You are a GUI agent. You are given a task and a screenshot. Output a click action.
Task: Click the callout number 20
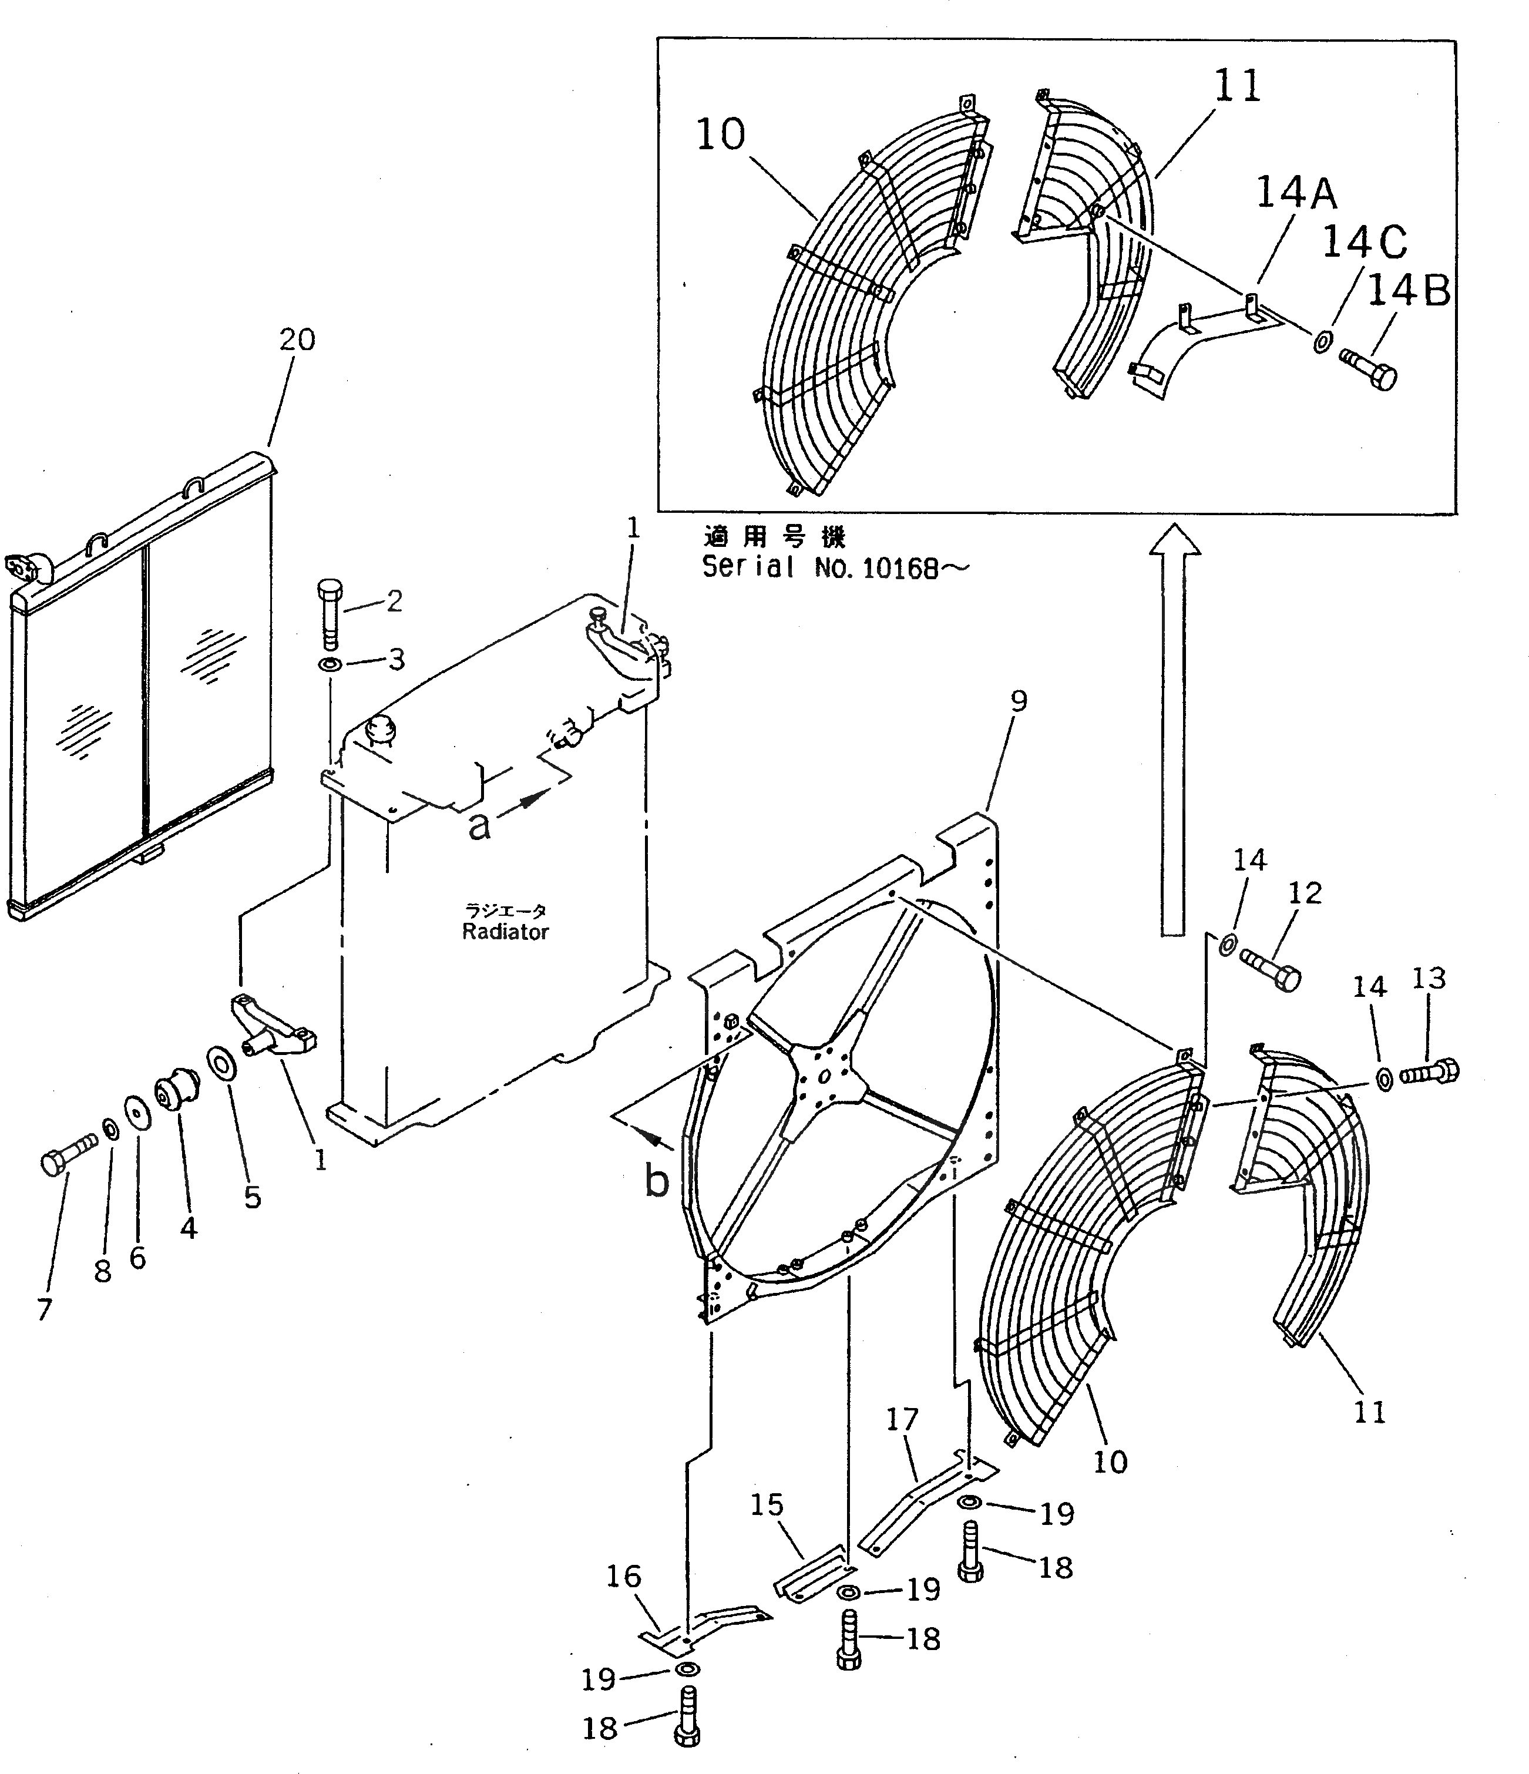[297, 340]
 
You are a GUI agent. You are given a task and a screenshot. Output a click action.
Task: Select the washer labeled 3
[331, 665]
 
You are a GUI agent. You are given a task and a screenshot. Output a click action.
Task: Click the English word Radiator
[505, 932]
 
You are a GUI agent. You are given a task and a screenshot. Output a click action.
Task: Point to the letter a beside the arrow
[479, 825]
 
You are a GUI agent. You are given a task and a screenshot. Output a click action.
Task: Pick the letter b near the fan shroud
[657, 1181]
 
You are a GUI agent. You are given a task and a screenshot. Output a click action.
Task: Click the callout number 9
[1018, 701]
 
